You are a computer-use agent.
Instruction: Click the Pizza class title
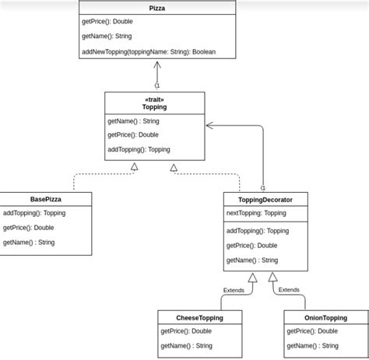(157, 8)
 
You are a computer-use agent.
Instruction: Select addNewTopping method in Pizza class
(148, 52)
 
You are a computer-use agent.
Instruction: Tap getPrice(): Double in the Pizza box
(107, 22)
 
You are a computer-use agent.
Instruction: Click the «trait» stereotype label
(154, 99)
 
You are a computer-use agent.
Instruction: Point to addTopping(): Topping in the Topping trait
(139, 149)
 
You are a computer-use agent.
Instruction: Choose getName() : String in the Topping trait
(133, 121)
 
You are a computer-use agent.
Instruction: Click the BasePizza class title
(45, 199)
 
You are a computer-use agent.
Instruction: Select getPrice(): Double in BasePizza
(28, 228)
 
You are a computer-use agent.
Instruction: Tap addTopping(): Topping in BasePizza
(34, 213)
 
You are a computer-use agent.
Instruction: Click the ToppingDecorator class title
(265, 200)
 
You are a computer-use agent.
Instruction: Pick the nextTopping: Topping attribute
(256, 213)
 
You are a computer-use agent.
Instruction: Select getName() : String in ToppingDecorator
(252, 260)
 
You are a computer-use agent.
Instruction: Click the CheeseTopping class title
(199, 318)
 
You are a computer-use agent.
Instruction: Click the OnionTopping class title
(325, 318)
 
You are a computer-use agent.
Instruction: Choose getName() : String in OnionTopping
(312, 346)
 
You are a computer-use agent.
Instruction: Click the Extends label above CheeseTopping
(234, 290)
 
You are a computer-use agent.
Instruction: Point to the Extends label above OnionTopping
(289, 289)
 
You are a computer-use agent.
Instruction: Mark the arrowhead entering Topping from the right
(209, 124)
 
